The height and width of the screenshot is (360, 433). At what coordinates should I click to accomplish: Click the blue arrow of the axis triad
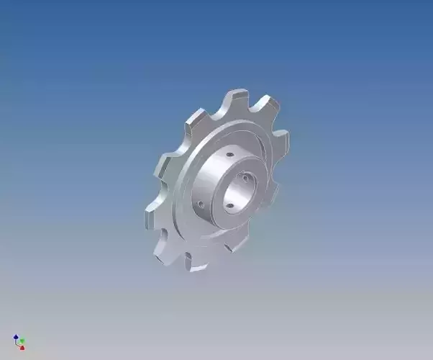[16, 336]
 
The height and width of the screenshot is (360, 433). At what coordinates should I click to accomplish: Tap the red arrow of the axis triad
[22, 347]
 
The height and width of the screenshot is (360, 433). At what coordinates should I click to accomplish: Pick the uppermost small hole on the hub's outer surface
[229, 154]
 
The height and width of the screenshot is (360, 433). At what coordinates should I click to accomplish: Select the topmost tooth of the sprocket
[237, 97]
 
